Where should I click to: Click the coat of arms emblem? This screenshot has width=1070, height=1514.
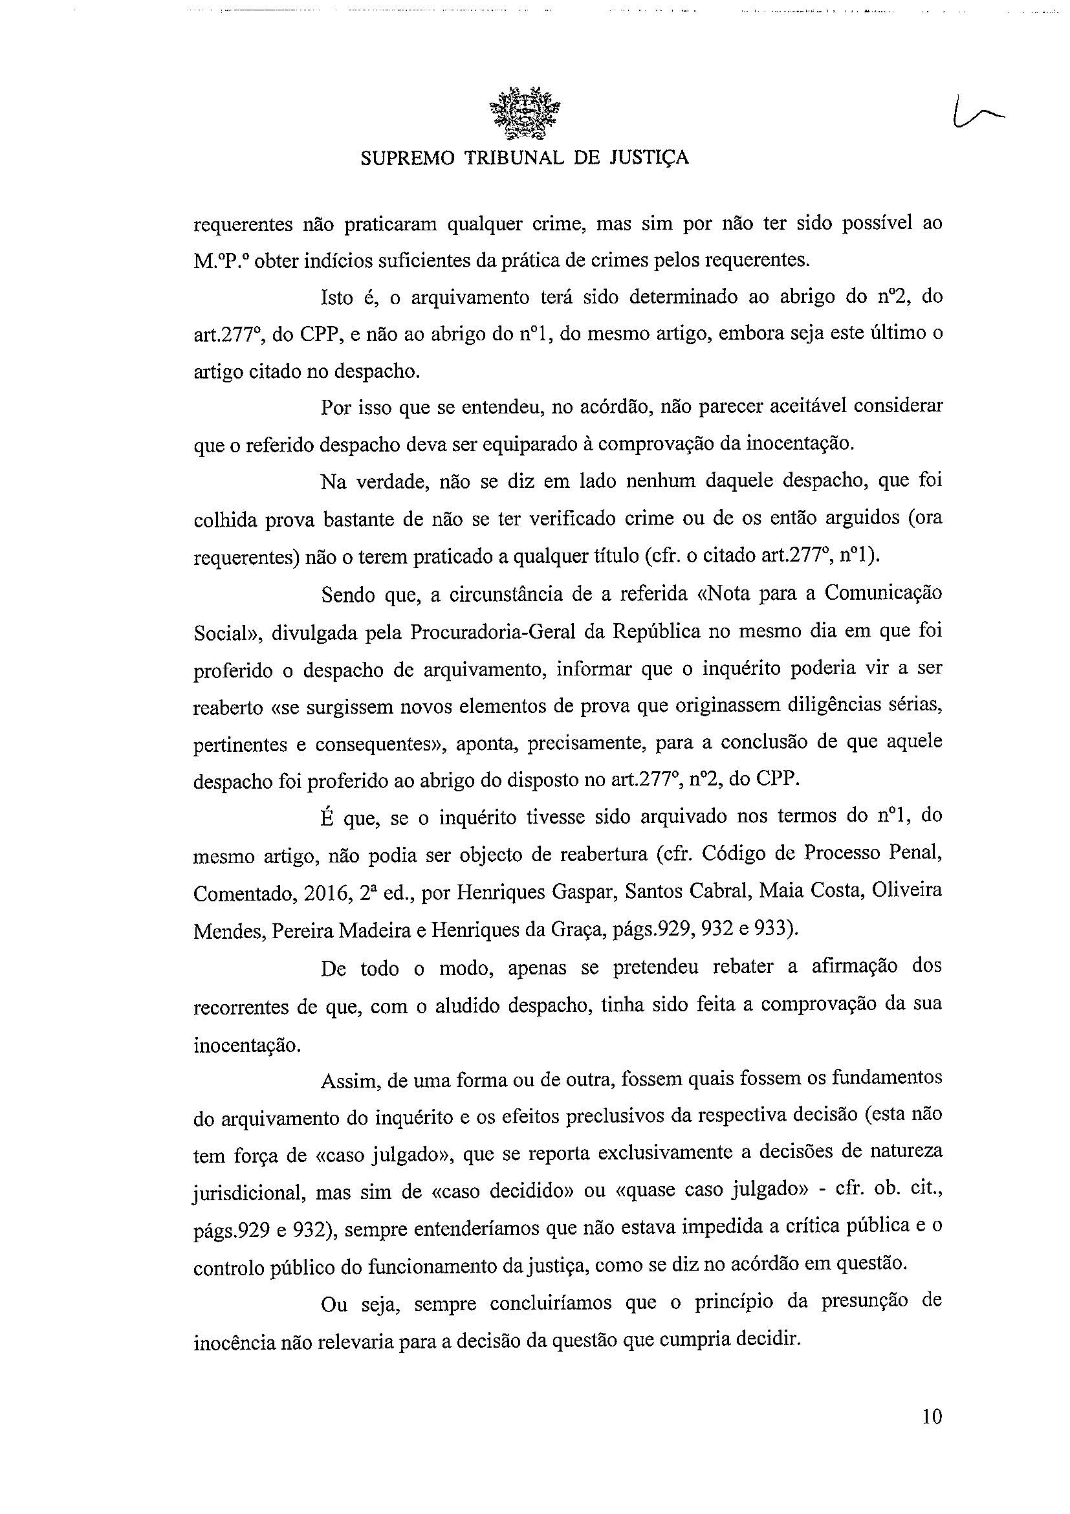[525, 113]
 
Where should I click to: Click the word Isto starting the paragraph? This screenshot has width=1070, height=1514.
[338, 298]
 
